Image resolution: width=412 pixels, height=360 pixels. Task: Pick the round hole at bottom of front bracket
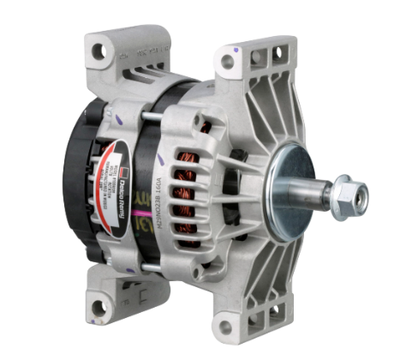point(224,327)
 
